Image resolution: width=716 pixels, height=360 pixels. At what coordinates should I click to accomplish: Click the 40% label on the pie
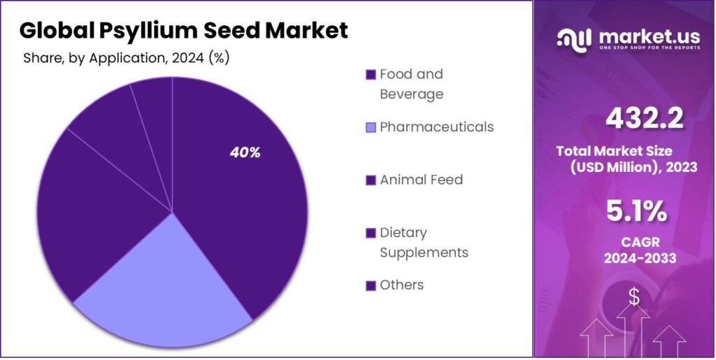click(245, 153)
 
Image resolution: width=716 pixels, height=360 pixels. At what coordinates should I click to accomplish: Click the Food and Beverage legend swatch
click(371, 75)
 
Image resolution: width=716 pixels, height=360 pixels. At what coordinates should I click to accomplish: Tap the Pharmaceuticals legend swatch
click(371, 127)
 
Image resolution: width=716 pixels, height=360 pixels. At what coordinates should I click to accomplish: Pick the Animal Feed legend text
click(421, 180)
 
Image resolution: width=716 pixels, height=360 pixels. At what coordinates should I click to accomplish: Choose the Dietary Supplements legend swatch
click(371, 233)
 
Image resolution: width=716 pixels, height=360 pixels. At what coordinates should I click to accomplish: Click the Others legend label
click(401, 285)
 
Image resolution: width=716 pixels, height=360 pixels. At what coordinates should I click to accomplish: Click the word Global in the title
click(57, 31)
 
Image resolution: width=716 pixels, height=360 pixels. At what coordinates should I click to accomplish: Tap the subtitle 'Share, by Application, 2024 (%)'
click(127, 58)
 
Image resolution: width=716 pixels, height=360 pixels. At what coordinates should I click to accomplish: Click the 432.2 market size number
click(644, 120)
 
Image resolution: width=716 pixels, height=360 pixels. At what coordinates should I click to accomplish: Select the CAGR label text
click(640, 242)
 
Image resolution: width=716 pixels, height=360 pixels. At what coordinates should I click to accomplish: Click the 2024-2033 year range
click(640, 258)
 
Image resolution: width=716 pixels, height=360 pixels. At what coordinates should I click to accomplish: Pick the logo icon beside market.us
click(573, 40)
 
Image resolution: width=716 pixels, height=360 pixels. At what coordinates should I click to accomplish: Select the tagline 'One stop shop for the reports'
click(643, 48)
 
